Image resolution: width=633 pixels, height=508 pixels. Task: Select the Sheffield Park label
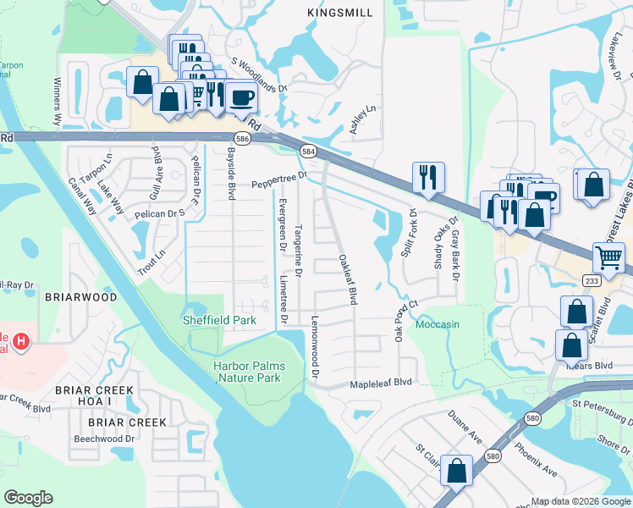coord(219,321)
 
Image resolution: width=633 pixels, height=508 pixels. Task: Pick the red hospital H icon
coord(23,342)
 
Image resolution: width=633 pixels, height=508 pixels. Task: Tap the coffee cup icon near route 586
coord(241,97)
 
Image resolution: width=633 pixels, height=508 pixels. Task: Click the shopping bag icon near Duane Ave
coord(457,472)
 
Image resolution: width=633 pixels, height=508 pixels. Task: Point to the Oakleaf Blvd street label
coord(348,279)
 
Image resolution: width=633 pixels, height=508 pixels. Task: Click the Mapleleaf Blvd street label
coord(381,383)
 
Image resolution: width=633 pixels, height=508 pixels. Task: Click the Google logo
coord(28,498)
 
